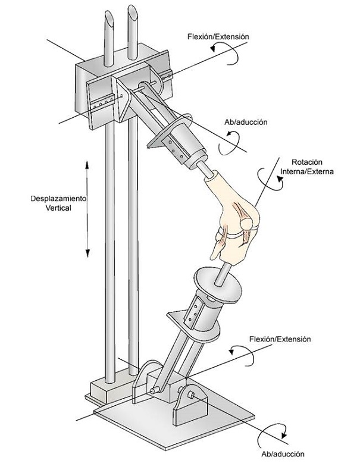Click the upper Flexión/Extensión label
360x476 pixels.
[x=218, y=37]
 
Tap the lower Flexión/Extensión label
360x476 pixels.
[x=280, y=339]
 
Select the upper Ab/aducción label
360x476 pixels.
[x=246, y=123]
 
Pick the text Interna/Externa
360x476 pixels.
[x=307, y=171]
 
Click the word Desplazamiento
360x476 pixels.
[x=58, y=199]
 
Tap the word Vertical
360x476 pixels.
[x=58, y=208]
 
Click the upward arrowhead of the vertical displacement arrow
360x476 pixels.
[x=87, y=164]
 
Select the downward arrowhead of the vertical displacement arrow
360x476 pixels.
[x=87, y=253]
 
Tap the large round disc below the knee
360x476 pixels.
[x=218, y=286]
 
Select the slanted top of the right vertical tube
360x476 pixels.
[x=133, y=12]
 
